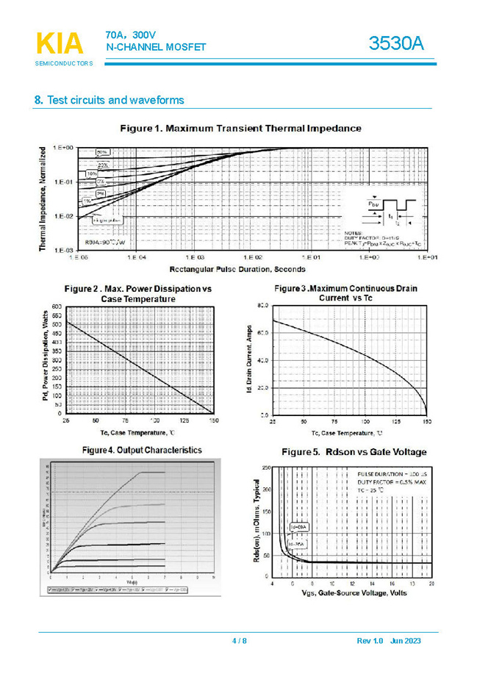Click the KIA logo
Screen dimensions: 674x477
point(60,44)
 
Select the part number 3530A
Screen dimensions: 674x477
point(396,43)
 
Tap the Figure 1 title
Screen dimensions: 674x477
point(240,129)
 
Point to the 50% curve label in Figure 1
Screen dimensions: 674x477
point(102,152)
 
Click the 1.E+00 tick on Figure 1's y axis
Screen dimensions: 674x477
point(62,148)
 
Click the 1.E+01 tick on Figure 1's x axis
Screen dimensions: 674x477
point(428,258)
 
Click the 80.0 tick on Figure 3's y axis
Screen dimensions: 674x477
point(261,305)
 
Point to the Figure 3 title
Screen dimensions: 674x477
point(345,293)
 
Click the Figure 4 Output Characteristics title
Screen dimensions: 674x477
point(142,449)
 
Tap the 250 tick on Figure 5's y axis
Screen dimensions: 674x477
point(265,467)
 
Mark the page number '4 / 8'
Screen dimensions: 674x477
point(240,641)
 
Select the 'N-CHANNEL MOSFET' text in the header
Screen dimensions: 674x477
point(156,48)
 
